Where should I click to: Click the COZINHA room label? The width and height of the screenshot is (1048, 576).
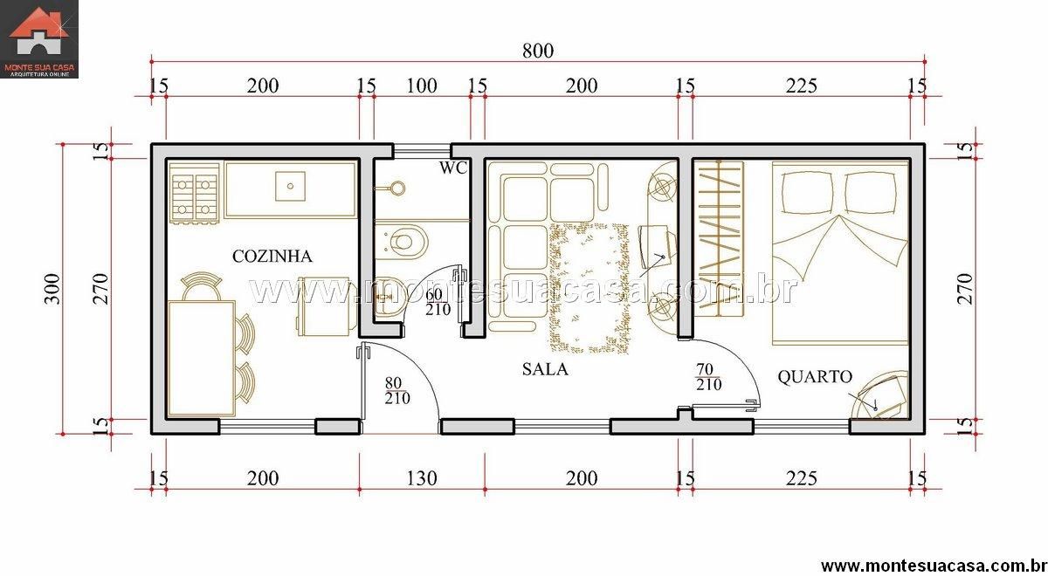272,257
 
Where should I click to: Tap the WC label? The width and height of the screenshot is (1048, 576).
453,168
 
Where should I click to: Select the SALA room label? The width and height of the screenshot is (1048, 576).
545,369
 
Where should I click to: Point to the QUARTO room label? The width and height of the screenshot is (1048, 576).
815,377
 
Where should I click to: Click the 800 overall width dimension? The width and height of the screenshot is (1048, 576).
538,51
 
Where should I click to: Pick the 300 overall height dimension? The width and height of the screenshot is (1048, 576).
52,289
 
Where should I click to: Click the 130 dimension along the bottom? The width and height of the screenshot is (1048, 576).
422,479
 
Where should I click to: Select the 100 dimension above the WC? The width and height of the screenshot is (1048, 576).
422,86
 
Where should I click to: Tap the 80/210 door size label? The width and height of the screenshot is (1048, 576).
397,390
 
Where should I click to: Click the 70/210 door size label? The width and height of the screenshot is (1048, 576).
708,377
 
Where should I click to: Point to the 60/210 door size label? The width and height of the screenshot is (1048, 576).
438,302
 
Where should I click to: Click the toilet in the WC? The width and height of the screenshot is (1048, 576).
402,242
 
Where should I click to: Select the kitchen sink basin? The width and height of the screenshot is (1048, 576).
290,186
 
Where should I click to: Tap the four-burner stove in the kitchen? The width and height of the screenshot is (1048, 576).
195,193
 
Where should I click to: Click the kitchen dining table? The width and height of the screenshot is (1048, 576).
202,358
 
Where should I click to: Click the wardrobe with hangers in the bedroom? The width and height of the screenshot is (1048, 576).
719,238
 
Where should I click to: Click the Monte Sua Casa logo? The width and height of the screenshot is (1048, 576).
39,39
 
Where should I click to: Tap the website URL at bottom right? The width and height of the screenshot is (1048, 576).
934,566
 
